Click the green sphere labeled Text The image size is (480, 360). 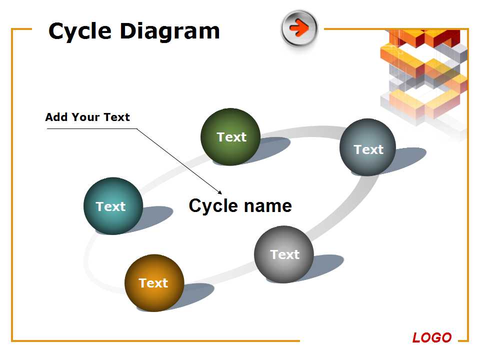click(230, 137)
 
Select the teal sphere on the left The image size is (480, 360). click(113, 206)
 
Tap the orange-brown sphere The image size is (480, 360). click(154, 283)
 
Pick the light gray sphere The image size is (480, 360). click(284, 254)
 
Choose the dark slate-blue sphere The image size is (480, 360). click(367, 147)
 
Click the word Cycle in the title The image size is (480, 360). click(80, 31)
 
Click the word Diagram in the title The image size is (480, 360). click(170, 31)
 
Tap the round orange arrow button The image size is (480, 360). click(299, 28)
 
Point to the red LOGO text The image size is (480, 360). click(432, 337)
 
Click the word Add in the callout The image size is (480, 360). click(56, 117)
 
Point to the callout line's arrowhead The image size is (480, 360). click(220, 193)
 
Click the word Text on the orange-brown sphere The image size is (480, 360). click(153, 283)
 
